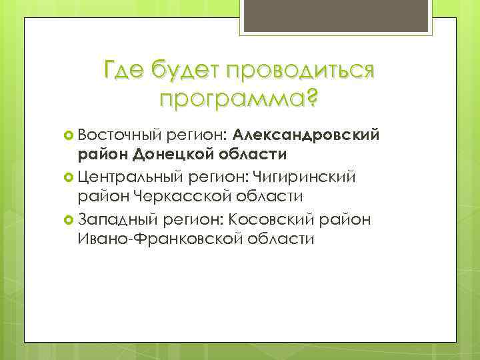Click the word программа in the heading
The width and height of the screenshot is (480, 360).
230,98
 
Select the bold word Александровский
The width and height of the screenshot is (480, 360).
307,135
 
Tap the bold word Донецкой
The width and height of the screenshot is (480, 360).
172,155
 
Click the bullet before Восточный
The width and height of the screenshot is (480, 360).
68,135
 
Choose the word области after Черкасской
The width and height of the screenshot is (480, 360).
271,197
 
